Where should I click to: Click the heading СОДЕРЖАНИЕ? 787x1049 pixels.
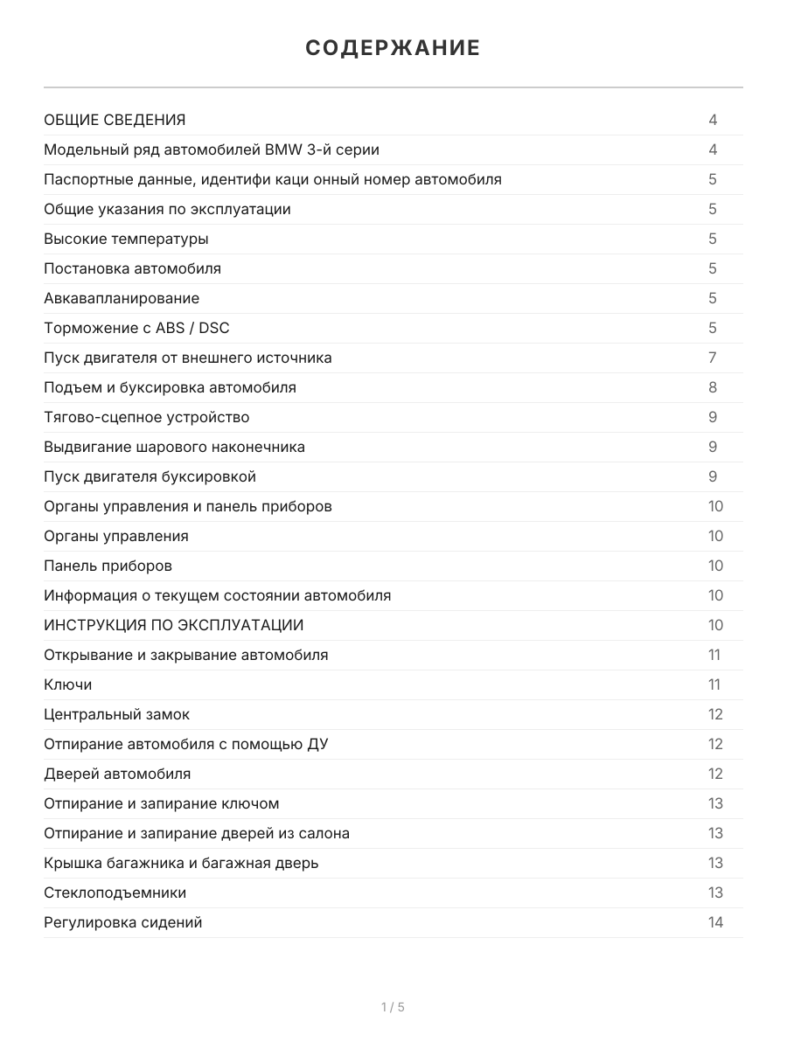[393, 48]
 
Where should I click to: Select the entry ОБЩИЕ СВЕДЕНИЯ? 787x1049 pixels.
[115, 120]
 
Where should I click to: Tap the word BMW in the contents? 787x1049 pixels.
[284, 149]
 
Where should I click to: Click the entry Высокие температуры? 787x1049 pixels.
[126, 239]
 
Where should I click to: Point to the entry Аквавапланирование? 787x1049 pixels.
[122, 298]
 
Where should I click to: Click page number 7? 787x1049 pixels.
[713, 358]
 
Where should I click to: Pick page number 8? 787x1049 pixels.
[713, 387]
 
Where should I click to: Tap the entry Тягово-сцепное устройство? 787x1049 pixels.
[146, 417]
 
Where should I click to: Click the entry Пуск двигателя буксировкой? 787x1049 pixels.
[150, 476]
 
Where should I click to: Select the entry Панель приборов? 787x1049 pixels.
[108, 566]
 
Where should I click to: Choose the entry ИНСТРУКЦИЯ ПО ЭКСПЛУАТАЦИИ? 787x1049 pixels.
[174, 625]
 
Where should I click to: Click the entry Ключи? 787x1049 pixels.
[67, 684]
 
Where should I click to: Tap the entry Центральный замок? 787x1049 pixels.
[116, 714]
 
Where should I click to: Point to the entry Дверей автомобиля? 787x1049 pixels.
[117, 774]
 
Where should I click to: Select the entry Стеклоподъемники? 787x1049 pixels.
[115, 893]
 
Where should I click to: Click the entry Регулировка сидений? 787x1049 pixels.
[122, 922]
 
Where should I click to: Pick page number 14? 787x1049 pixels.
[715, 922]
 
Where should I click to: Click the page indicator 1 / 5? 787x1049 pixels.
[393, 1007]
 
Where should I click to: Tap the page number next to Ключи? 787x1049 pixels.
[714, 684]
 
